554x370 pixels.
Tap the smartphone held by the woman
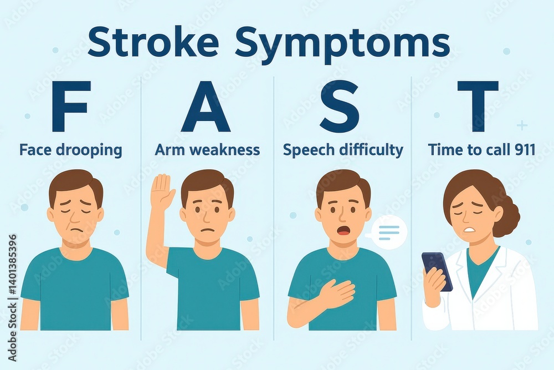click(x=437, y=271)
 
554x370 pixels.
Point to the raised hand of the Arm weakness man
click(x=162, y=192)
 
